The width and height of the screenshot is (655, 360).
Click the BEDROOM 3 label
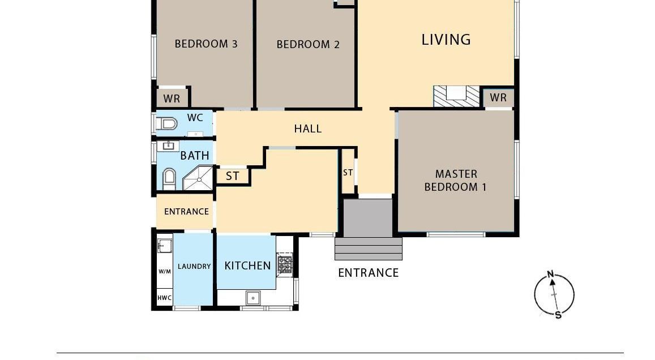point(206,44)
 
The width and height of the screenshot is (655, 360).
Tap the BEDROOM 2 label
point(308,44)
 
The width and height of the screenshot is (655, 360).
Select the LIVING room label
point(446,40)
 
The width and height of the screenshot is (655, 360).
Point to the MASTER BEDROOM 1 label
point(456,181)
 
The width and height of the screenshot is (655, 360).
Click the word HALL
point(308,128)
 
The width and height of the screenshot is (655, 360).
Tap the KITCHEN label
point(248,265)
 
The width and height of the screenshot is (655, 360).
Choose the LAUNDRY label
point(194,267)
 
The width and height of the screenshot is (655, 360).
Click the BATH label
point(195,156)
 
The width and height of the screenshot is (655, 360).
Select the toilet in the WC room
point(166,123)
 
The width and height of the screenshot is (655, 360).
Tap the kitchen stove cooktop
point(285,264)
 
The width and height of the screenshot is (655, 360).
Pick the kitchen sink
point(252,298)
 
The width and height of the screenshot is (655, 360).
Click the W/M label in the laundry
point(165,272)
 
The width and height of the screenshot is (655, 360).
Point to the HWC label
point(165,298)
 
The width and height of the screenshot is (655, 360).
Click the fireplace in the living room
point(456,96)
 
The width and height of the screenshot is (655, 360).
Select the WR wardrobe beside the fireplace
point(498,98)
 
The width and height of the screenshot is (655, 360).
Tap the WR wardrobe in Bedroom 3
point(172,98)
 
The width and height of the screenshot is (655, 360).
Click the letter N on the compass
point(551,275)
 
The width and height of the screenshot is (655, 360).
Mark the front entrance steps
point(369,249)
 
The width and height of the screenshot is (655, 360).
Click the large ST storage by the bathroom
point(233,176)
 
